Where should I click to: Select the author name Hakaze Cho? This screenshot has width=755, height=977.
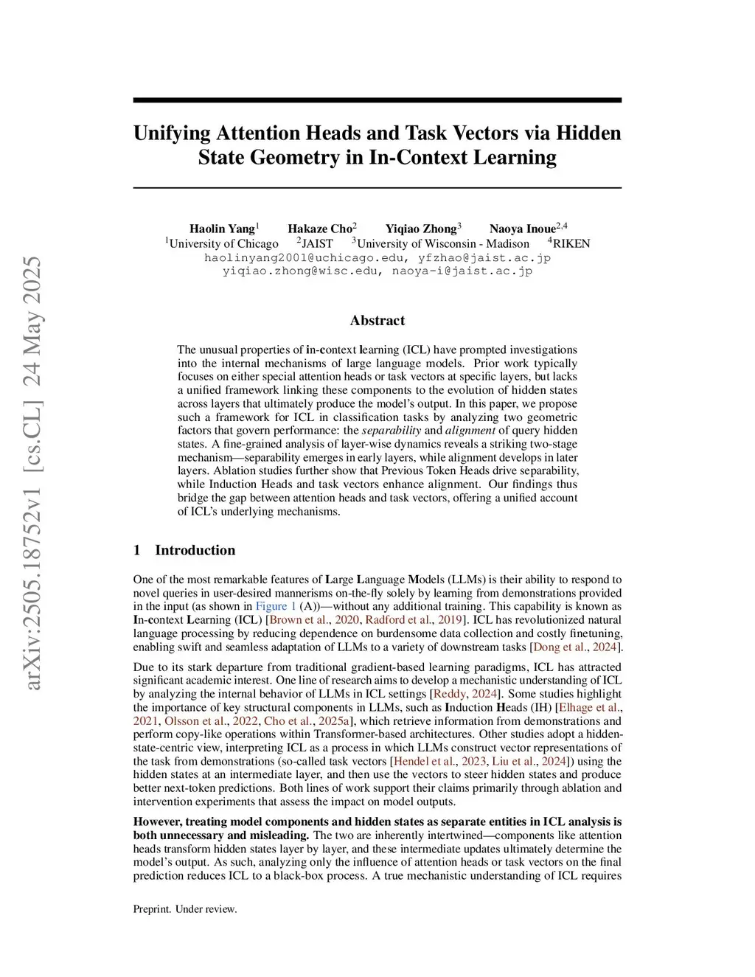(320, 229)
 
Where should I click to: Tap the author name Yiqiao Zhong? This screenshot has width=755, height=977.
(421, 229)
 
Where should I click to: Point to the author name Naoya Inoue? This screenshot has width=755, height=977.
(523, 229)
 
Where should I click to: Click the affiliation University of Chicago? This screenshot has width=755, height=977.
(223, 243)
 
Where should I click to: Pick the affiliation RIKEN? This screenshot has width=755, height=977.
(571, 243)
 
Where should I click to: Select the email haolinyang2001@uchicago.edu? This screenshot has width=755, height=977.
(304, 257)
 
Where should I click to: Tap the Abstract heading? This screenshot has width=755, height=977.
(377, 320)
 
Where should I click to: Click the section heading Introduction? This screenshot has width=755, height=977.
(195, 550)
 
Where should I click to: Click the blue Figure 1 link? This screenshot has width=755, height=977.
(276, 606)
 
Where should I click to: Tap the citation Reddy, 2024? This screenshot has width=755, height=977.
(466, 694)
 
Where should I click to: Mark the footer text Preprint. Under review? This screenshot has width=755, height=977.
(185, 909)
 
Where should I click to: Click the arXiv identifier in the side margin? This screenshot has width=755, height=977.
(32, 472)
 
